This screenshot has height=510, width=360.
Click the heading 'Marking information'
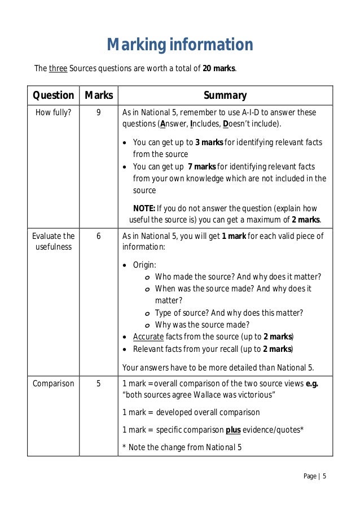(x=180, y=45)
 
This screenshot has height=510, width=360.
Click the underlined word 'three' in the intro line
(x=58, y=69)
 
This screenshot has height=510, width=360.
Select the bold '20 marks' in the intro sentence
(x=219, y=69)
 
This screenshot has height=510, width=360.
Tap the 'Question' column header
(x=53, y=95)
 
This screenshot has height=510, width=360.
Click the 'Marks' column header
(x=98, y=95)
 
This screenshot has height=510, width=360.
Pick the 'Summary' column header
(x=225, y=95)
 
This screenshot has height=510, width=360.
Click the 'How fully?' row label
(x=53, y=112)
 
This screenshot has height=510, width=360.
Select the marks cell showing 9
(x=98, y=112)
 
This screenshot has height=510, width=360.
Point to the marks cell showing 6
(x=98, y=236)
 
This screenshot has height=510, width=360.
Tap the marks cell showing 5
(x=98, y=383)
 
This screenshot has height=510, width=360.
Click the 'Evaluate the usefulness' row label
(x=53, y=242)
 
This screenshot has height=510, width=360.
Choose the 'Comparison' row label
(x=53, y=383)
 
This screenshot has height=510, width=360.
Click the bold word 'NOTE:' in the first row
(x=144, y=208)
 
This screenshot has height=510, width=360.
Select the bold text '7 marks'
(x=201, y=167)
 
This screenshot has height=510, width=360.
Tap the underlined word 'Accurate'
(x=148, y=337)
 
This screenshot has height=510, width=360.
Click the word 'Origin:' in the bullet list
(x=144, y=264)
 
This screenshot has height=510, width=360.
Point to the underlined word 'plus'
(x=233, y=430)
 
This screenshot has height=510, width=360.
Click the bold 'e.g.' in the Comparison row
(x=311, y=383)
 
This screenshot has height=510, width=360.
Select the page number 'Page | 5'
(x=315, y=476)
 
